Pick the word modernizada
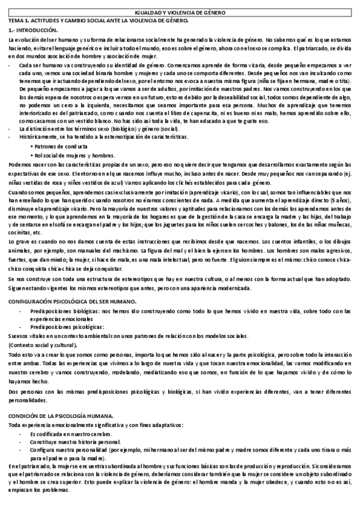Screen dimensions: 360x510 click(231, 289)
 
